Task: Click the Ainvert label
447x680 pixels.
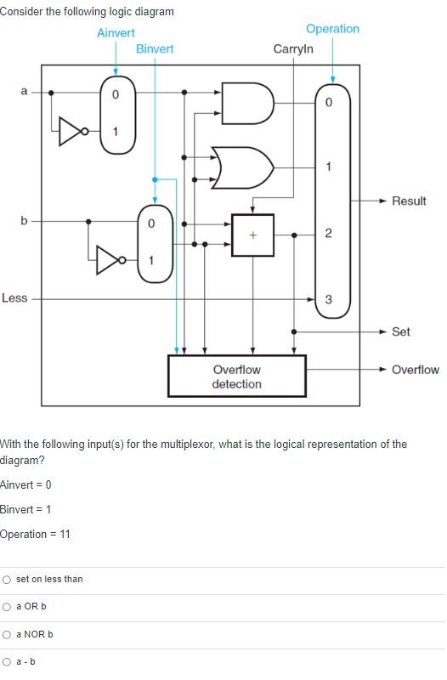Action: tap(116, 33)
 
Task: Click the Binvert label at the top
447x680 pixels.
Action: tap(154, 48)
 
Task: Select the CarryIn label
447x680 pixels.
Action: tap(293, 48)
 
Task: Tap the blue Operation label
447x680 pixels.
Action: tap(332, 29)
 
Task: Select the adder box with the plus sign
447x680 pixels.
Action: tap(252, 235)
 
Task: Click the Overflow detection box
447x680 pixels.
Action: tap(237, 377)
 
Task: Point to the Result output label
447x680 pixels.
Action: tap(409, 201)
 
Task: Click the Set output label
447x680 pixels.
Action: tap(401, 331)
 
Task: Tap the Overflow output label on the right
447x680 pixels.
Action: tap(416, 370)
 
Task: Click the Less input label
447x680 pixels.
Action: tap(14, 298)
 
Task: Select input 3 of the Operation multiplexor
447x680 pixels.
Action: tap(329, 298)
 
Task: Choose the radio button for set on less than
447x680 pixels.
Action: tap(7, 580)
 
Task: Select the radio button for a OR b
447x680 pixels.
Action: tap(7, 607)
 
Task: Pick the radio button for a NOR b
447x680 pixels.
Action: tap(7, 635)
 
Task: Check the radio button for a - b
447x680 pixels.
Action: tap(7, 662)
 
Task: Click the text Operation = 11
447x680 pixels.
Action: tap(36, 534)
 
